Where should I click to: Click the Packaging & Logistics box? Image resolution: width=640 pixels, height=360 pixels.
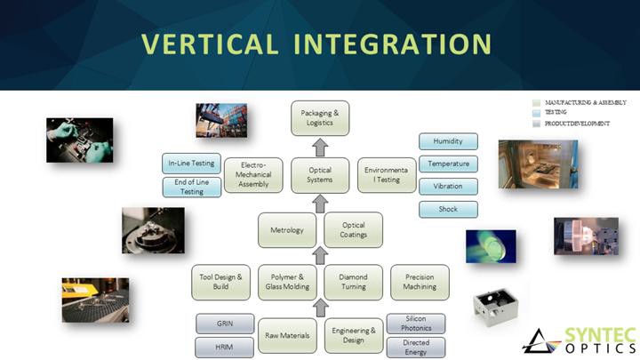coord(320,118)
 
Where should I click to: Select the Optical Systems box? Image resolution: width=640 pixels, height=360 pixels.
coord(320,175)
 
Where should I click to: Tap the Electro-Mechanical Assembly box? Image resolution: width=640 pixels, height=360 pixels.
coord(253,175)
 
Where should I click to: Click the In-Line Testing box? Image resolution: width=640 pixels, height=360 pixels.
coord(192,164)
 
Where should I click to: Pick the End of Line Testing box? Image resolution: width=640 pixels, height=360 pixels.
coord(192,187)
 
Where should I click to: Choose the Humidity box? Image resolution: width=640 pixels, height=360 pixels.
coord(448,141)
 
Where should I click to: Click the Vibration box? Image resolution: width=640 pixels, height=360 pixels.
coord(448,187)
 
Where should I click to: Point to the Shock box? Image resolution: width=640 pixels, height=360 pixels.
coord(448,210)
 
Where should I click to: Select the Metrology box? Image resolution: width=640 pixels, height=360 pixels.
coord(287,230)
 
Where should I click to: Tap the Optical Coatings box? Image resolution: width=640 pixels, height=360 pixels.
coord(353,230)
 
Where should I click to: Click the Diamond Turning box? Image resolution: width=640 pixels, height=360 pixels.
coord(353,282)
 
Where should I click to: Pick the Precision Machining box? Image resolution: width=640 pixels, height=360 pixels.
coord(420,282)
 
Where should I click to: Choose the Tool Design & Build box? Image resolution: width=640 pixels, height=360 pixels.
coord(221,282)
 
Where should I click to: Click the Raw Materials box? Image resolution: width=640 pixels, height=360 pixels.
coord(287,335)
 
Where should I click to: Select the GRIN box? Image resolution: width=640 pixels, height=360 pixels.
coord(225,324)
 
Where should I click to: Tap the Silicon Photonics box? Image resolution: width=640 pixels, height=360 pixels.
coord(415,324)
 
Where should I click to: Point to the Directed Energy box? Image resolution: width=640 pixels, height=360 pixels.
coord(415,347)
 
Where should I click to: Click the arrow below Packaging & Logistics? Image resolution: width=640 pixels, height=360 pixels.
coord(320,147)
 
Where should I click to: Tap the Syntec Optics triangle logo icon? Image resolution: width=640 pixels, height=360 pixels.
coord(540,341)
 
